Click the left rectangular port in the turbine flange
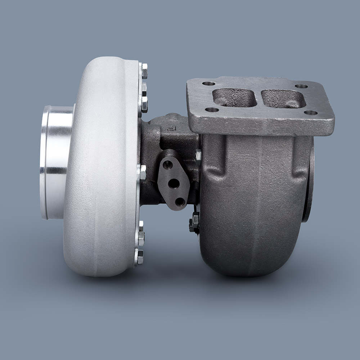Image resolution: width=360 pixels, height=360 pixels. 234,98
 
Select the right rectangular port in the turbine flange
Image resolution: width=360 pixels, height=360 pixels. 283,99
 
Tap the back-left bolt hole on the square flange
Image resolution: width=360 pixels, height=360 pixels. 208,84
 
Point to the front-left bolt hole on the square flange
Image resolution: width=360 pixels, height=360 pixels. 212,110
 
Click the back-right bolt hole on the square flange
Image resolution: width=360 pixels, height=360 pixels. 301,86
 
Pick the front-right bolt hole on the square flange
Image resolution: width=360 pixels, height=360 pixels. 310,113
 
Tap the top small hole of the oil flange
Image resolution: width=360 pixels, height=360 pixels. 167,165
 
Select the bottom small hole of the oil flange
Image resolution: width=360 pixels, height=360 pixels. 180,202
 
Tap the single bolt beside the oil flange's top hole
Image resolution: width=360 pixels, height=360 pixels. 143,172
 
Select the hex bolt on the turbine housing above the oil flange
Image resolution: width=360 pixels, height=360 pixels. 198,156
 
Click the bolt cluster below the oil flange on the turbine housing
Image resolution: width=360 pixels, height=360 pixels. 194,221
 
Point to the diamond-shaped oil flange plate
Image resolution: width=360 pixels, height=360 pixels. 174,182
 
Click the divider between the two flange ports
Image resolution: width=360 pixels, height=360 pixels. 259,98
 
